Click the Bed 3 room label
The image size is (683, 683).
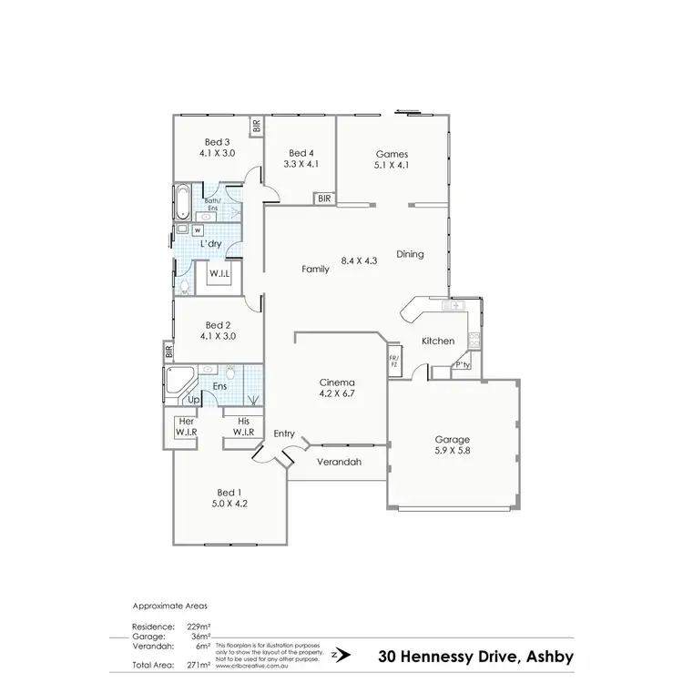(x=217, y=142)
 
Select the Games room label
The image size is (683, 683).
(x=392, y=153)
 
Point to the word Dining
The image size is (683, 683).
(x=410, y=254)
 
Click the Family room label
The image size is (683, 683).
(x=315, y=269)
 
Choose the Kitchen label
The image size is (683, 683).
(x=437, y=341)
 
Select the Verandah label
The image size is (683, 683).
(x=339, y=463)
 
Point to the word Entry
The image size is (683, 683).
(x=284, y=434)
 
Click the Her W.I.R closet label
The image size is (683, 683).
(x=187, y=426)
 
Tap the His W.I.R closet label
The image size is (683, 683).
(x=242, y=426)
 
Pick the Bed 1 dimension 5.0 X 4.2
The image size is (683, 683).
(x=229, y=502)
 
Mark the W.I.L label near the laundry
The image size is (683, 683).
(x=219, y=273)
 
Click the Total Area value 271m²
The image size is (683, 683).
(x=199, y=666)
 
